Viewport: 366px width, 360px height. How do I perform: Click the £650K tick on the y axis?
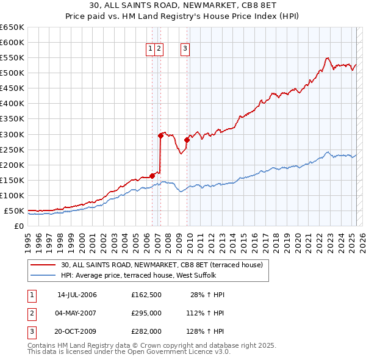tap(12, 27)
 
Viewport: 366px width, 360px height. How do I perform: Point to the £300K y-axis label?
tap(12, 134)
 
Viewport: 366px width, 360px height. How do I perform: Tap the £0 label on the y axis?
tap(19, 226)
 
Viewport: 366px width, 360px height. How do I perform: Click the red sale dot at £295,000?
tap(160, 135)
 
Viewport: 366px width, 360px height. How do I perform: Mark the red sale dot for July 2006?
tap(152, 176)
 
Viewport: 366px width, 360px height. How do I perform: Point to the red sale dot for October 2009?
tap(187, 140)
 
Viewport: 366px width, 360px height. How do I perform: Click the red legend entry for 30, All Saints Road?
tap(161, 265)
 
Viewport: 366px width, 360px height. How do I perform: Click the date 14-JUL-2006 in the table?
tap(77, 295)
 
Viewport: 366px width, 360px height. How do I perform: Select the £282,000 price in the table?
tap(146, 331)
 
